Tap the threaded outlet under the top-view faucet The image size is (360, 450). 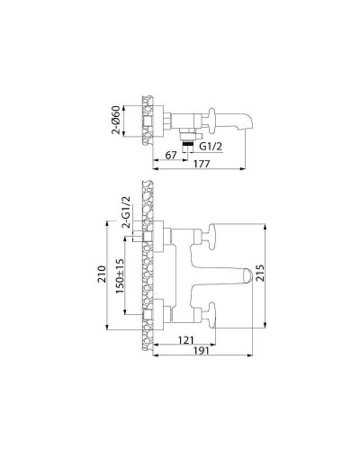click(188, 139)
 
